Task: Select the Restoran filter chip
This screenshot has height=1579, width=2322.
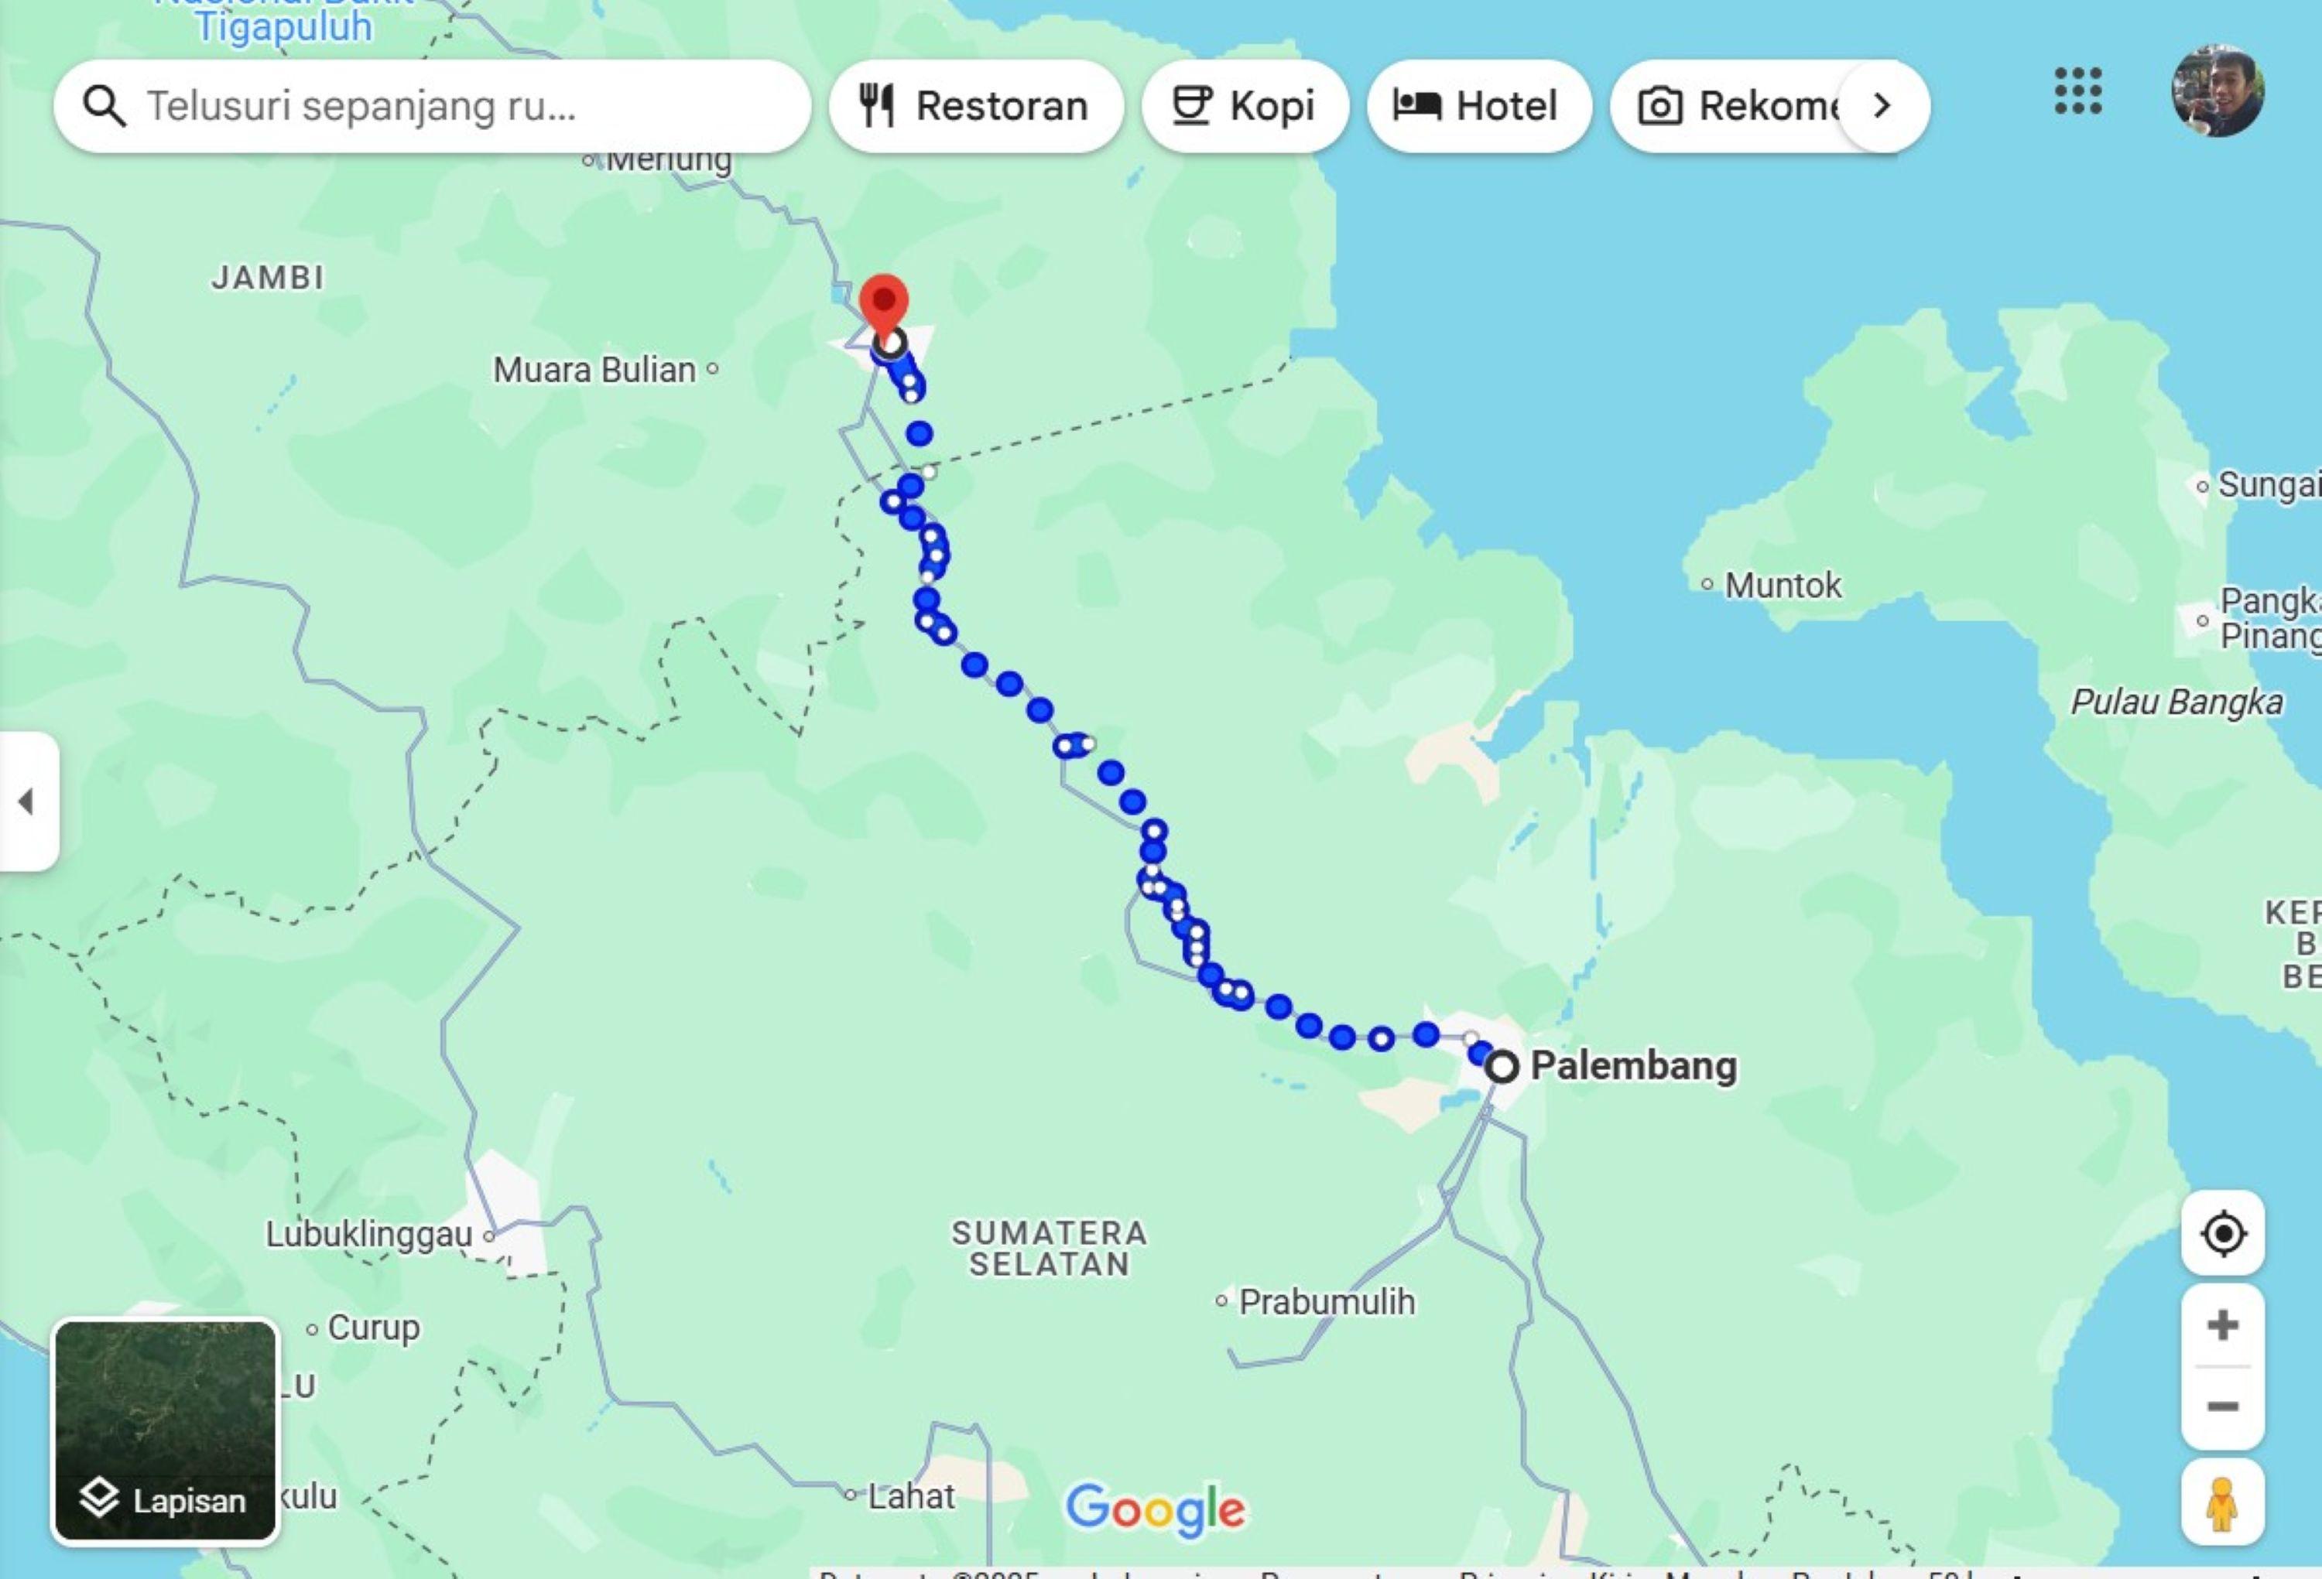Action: coord(975,106)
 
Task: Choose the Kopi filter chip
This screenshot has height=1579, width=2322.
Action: coord(1244,106)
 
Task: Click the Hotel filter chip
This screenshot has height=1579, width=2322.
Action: coord(1477,106)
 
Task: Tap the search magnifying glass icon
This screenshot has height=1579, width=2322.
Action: coord(104,106)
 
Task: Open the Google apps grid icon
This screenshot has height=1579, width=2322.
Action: coord(2078,92)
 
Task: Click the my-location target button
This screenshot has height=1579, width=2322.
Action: coord(2223,1233)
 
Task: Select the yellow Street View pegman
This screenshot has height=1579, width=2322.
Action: coord(2222,1503)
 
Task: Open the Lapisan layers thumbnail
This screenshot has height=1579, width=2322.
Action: coord(165,1431)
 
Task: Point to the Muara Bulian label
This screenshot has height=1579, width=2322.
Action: coord(594,371)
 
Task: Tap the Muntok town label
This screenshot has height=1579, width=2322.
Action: coord(1782,585)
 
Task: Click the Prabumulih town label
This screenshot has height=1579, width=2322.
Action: coord(1326,1302)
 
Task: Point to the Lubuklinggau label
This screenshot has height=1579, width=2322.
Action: coord(368,1235)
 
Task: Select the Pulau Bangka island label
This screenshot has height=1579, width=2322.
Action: coord(2176,702)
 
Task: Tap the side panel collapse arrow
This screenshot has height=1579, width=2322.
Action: coord(27,801)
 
